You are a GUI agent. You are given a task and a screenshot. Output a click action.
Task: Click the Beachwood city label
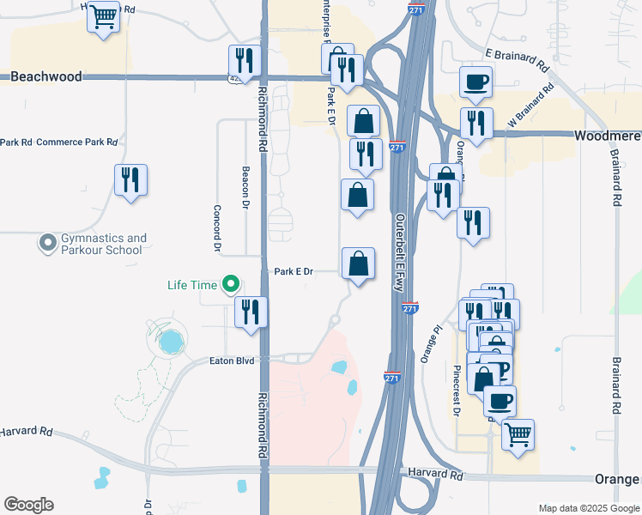point(46,76)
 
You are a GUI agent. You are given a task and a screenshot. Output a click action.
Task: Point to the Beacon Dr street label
point(245,188)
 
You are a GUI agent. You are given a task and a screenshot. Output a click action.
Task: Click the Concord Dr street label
point(217,228)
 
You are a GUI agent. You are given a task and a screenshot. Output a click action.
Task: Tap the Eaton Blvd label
point(232,361)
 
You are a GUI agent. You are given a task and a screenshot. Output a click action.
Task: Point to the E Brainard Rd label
point(516,58)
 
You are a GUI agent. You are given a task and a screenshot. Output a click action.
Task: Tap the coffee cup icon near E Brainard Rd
point(476,82)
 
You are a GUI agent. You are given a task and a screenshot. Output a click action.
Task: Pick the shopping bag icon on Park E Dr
point(358,264)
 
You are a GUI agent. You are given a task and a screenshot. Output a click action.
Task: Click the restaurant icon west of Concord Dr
point(130,180)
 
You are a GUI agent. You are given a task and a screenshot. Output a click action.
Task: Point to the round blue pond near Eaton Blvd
point(171,342)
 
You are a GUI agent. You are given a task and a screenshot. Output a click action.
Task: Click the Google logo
point(28,505)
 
